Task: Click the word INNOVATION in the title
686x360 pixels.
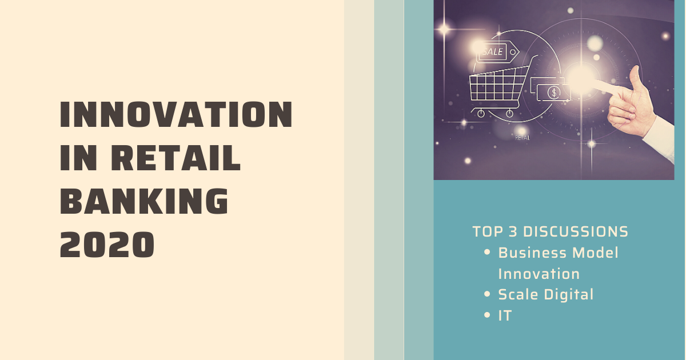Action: (176, 115)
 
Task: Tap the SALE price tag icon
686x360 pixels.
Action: (495, 52)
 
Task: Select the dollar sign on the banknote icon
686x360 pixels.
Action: (553, 91)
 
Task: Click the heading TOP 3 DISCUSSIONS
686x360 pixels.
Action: (550, 232)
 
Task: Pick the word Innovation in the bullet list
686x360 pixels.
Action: (539, 274)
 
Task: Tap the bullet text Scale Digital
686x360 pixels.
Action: (546, 295)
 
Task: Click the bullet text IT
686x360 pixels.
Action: (505, 315)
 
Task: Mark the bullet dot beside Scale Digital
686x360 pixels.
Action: (487, 295)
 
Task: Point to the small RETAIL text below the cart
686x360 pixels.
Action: (522, 138)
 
